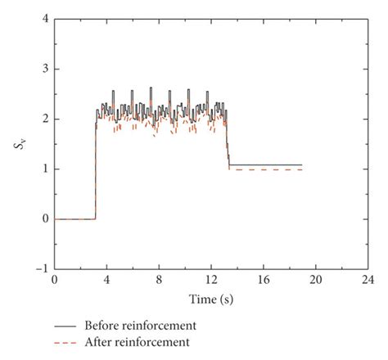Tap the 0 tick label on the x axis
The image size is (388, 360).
coord(55,280)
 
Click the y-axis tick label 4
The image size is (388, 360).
coord(45,19)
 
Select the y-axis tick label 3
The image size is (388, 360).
coord(45,69)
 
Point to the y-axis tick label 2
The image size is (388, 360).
coord(45,119)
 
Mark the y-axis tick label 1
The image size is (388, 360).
coord(45,169)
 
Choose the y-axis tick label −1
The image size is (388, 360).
coord(42,269)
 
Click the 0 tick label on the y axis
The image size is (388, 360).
coord(45,219)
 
